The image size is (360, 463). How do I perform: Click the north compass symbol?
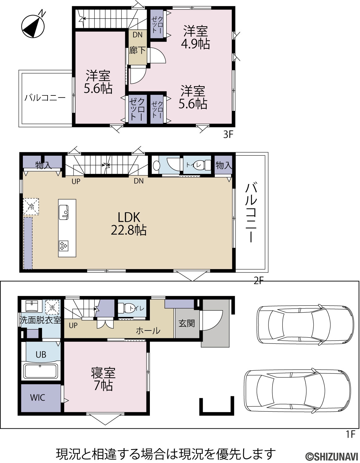[33, 26]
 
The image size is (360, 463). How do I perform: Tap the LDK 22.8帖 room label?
[129, 224]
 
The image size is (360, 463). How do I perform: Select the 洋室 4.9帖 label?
[196, 37]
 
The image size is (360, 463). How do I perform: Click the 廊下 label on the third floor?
[138, 50]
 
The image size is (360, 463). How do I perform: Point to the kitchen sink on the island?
[64, 212]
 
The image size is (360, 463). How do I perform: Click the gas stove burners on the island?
[64, 246]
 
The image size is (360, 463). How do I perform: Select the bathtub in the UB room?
[41, 371]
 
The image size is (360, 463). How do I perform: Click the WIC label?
[37, 398]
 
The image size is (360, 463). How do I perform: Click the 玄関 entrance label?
[187, 324]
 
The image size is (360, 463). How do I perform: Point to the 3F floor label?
[228, 134]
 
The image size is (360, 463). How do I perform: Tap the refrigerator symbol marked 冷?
[31, 206]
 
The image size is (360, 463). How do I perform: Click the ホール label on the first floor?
[148, 331]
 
